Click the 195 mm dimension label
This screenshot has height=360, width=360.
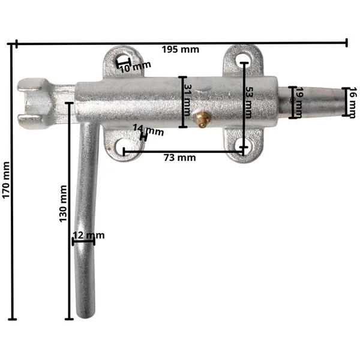pyautogui.click(x=181, y=50)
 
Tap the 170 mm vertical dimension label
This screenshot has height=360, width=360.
pyautogui.click(x=6, y=180)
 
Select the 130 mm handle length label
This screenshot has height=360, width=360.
pyautogui.click(x=63, y=203)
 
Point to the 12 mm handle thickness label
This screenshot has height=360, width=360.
pyautogui.click(x=89, y=235)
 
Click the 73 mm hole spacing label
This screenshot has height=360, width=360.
pyautogui.click(x=180, y=158)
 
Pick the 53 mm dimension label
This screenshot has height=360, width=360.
pyautogui.click(x=248, y=102)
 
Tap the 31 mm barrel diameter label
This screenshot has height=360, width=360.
pyautogui.click(x=188, y=100)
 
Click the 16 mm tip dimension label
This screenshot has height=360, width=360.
pyautogui.click(x=353, y=103)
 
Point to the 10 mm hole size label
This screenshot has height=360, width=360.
pyautogui.click(x=135, y=67)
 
